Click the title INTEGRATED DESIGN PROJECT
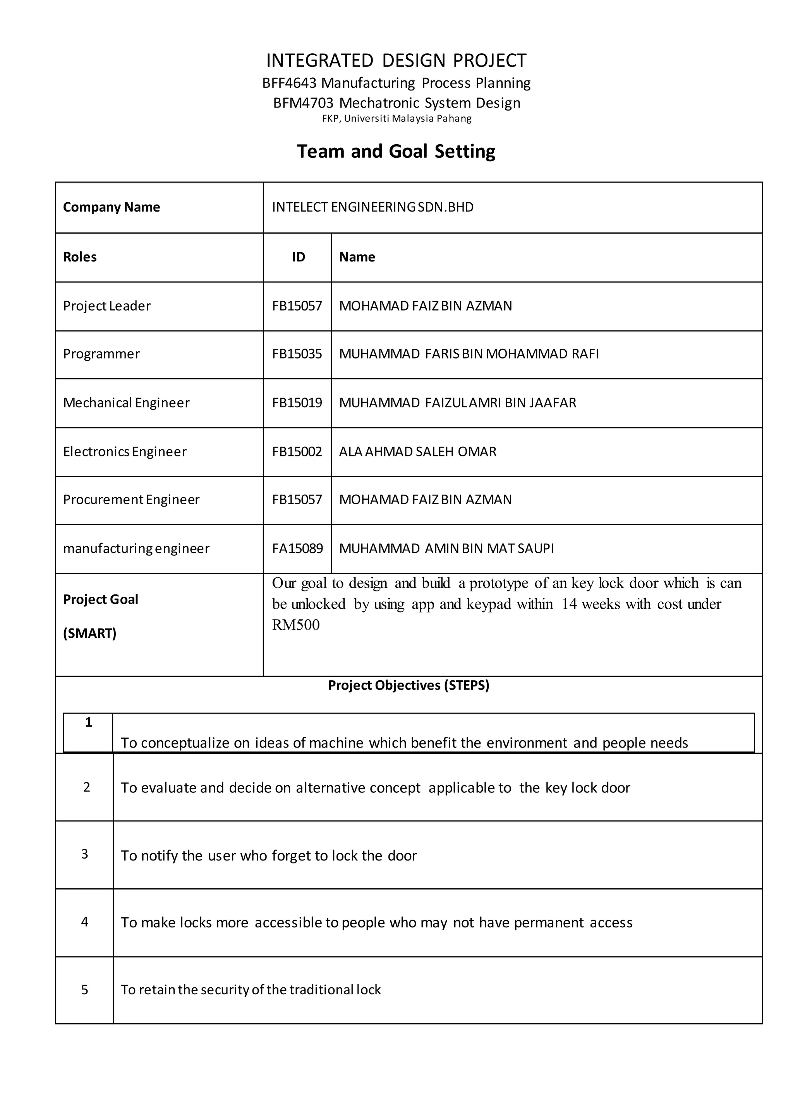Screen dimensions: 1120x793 pos(396,60)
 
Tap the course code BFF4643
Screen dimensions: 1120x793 pos(290,83)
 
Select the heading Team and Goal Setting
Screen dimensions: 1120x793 pos(396,151)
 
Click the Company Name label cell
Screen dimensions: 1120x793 pos(112,207)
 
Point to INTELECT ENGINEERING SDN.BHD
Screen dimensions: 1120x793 pos(372,207)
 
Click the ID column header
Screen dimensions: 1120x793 pos(299,257)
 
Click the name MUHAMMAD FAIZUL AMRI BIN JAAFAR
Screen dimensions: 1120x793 pos(458,403)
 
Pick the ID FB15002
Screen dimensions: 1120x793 pos(297,452)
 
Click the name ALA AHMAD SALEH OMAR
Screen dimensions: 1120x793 pos(417,452)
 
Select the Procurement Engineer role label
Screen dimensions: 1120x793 pos(131,500)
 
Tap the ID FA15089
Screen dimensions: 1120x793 pos(297,548)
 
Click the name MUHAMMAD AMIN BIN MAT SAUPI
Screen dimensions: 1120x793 pos(446,548)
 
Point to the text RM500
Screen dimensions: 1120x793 pos(296,625)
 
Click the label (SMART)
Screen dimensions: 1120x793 pos(90,633)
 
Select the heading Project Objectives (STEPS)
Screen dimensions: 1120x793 pos(408,685)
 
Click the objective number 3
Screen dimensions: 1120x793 pos(84,854)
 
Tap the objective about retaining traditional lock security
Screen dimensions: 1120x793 pos(251,989)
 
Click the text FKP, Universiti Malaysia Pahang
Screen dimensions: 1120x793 pos(396,119)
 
